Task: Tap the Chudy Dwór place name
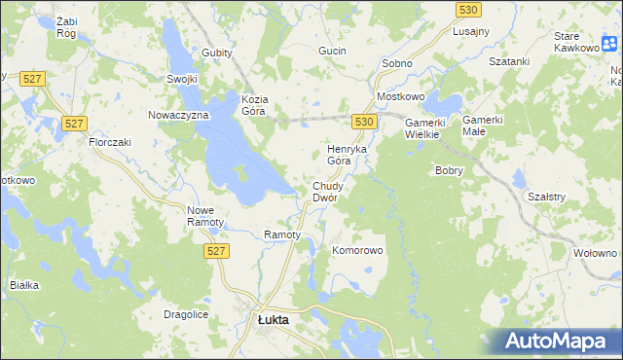click(x=325, y=192)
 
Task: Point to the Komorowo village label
click(x=358, y=250)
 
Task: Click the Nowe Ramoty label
click(x=205, y=216)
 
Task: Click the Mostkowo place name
click(x=401, y=99)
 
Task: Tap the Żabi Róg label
click(x=67, y=26)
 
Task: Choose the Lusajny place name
click(x=470, y=31)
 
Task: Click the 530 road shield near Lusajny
click(x=467, y=9)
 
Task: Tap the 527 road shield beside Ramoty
click(x=218, y=251)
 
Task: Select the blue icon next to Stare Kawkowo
click(x=609, y=43)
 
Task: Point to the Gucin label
click(x=332, y=50)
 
